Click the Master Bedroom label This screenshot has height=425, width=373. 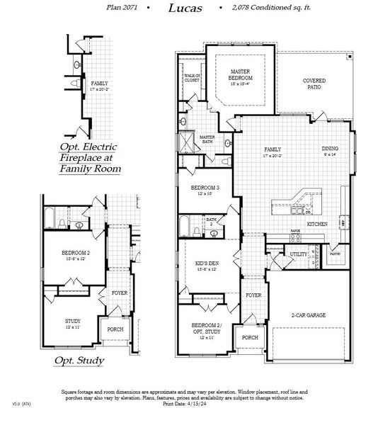click(x=246, y=74)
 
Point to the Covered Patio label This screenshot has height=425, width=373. click(x=313, y=84)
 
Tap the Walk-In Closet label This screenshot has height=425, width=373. click(x=192, y=78)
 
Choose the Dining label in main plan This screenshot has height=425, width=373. click(x=330, y=150)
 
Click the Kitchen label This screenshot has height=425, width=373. click(x=316, y=224)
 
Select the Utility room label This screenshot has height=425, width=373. click(x=297, y=254)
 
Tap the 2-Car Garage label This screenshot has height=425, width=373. click(x=307, y=314)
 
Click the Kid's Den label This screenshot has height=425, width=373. click(x=207, y=266)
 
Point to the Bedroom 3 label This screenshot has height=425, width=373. click(x=205, y=189)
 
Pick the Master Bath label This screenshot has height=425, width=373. click(x=207, y=139)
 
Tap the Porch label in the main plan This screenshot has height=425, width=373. click(x=250, y=338)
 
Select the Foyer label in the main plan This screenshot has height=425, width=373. click(x=253, y=295)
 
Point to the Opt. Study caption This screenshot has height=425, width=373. click(x=79, y=361)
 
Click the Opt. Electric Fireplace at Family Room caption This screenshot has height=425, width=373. click(x=90, y=158)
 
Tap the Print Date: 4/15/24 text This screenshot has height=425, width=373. click(x=186, y=404)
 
